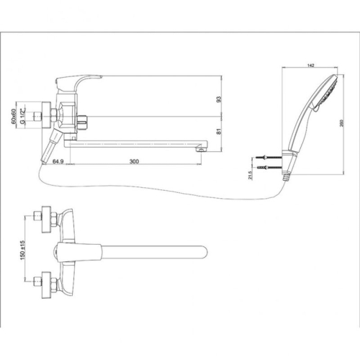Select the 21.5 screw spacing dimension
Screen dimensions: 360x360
pos(250,174)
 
